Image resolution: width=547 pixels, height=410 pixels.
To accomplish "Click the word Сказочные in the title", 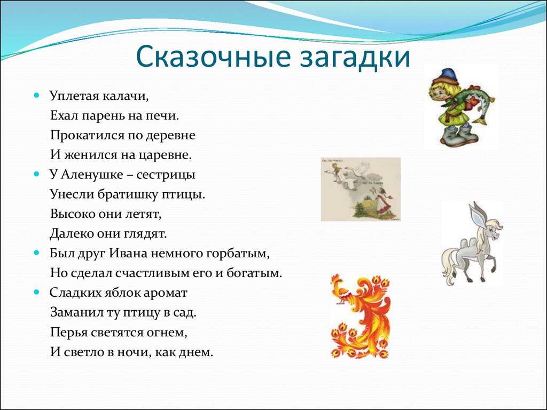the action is click(213, 56).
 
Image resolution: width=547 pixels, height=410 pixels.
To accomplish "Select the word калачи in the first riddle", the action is click(126, 96).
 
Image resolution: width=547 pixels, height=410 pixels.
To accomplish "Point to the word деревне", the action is click(170, 135).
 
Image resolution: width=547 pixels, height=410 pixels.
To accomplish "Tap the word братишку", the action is click(128, 194).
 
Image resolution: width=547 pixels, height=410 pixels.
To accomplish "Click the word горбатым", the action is click(238, 254).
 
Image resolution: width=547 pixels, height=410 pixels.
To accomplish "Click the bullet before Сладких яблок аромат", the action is click(37, 292).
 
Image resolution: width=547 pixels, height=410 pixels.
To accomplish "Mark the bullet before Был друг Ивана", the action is click(37, 253).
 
